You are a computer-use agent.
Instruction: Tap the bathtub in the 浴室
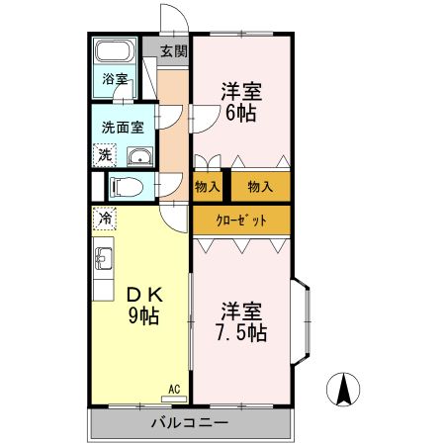point(117,53)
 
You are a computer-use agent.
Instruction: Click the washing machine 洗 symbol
point(104,154)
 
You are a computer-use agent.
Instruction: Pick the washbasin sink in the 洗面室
point(137,155)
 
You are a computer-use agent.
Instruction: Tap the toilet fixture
point(126,185)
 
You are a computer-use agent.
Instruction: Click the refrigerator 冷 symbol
point(104,217)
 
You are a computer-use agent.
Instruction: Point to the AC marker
point(174,389)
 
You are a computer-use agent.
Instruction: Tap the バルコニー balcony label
point(190,423)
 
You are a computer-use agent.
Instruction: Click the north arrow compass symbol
point(343,390)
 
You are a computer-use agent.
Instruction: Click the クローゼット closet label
point(241,220)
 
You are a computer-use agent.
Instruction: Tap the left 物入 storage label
point(207,186)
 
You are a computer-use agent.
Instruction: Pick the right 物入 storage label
point(260,186)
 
